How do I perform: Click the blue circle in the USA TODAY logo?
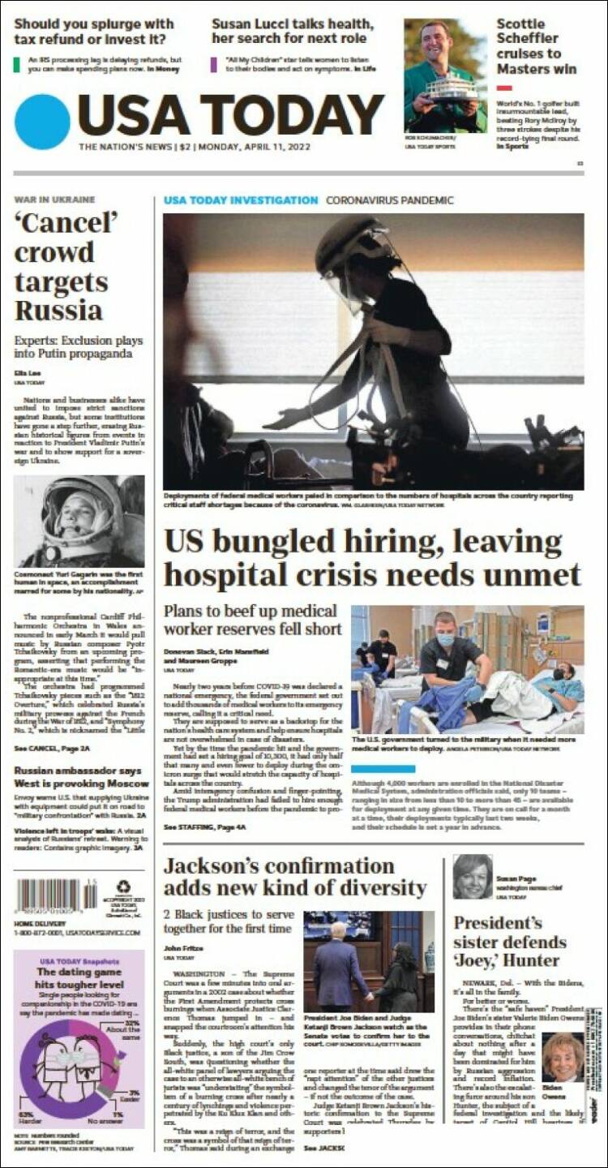[x=42, y=122]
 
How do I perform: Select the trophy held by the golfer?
[x=452, y=89]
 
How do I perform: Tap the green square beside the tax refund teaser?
[x=17, y=65]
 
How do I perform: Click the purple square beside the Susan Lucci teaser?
[x=214, y=65]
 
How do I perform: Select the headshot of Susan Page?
[x=473, y=876]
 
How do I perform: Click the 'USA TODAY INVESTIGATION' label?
[x=241, y=200]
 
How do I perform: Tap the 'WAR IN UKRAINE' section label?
[x=54, y=200]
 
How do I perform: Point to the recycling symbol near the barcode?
[x=123, y=887]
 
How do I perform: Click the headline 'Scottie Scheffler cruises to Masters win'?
[x=536, y=46]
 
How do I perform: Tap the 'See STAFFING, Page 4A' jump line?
[x=204, y=827]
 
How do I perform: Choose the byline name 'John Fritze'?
[x=181, y=947]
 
